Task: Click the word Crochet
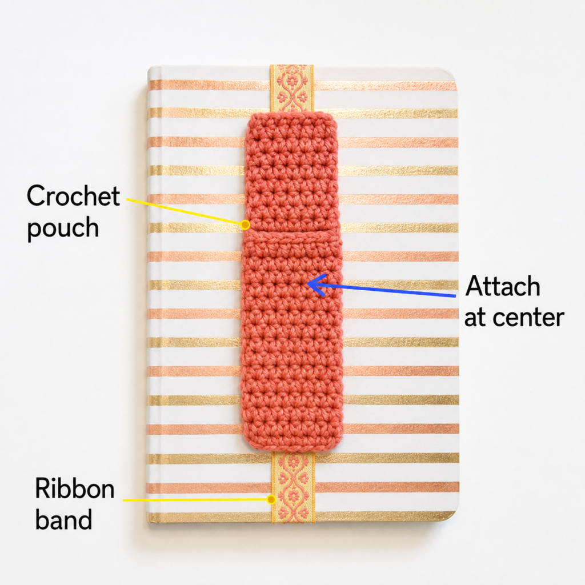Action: coord(73,196)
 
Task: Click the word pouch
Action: coord(63,228)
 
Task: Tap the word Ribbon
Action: coord(75,488)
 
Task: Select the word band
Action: coord(63,519)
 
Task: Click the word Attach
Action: coord(503,286)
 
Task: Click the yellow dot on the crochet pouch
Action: coord(245,225)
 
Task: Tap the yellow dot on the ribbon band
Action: coord(272,499)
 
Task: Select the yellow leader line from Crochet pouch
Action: coord(186,212)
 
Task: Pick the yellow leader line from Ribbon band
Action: coord(197,499)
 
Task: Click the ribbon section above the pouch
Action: coord(292,89)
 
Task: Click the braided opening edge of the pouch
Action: coord(292,236)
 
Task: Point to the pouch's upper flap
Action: coord(292,171)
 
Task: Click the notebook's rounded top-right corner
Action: coord(452,73)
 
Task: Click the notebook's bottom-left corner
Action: coord(150,522)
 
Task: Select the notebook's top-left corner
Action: coord(150,69)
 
